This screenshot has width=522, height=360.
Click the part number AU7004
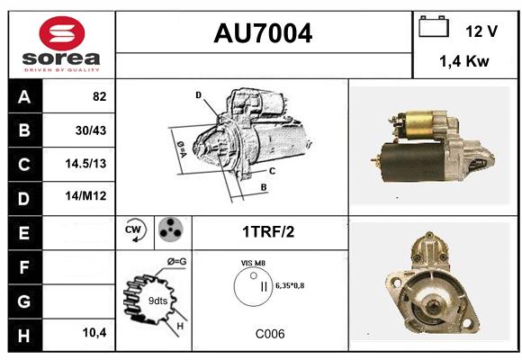click(x=263, y=33)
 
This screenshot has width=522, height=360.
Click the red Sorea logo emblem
click(x=62, y=33)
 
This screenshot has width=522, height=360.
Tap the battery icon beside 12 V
click(x=434, y=26)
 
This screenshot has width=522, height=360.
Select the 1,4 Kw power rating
click(x=464, y=61)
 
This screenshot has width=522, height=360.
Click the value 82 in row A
click(x=100, y=96)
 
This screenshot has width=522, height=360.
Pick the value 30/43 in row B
click(x=91, y=130)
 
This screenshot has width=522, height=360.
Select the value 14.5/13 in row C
click(x=85, y=164)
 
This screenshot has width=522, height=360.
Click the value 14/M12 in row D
click(x=85, y=196)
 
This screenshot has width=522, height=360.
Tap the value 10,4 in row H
click(x=94, y=332)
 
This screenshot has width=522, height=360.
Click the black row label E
click(x=25, y=233)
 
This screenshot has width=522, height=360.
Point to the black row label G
click(x=25, y=301)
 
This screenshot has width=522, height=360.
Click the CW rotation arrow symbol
click(x=135, y=230)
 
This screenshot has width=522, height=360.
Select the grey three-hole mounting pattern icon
click(x=171, y=229)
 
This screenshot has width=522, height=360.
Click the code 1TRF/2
click(x=268, y=232)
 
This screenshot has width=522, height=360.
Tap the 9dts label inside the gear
click(x=157, y=301)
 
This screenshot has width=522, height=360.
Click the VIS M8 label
click(x=253, y=263)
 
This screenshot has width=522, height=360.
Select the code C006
click(x=270, y=334)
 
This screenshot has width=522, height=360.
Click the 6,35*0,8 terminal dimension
click(x=290, y=285)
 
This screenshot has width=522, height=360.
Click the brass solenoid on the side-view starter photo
click(x=418, y=125)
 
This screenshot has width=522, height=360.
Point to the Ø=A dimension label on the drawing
click(x=182, y=148)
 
